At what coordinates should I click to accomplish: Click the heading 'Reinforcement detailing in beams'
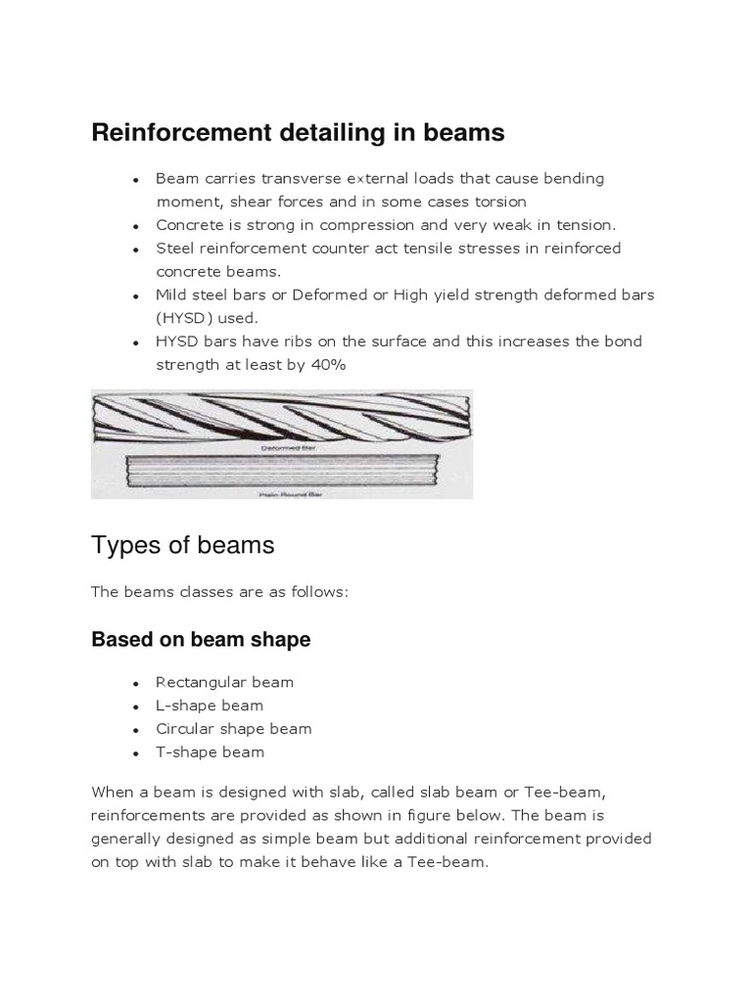pos(298,133)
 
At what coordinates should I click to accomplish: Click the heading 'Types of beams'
pos(182,545)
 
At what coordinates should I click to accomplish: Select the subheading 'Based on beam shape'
pos(201,639)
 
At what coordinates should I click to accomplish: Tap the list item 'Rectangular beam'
pos(224,682)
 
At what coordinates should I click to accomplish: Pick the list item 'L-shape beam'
pos(210,706)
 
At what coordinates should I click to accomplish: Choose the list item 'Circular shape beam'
pos(233,729)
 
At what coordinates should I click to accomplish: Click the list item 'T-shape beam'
pos(210,752)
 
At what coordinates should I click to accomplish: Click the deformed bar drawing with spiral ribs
pos(281,415)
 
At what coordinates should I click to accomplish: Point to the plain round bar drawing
pos(281,475)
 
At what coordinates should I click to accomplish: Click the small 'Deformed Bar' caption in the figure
pos(285,447)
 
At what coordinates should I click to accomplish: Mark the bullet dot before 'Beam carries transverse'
pos(134,179)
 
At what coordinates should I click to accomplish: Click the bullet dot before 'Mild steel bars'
pos(134,296)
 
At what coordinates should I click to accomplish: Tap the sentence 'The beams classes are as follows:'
pos(219,593)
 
